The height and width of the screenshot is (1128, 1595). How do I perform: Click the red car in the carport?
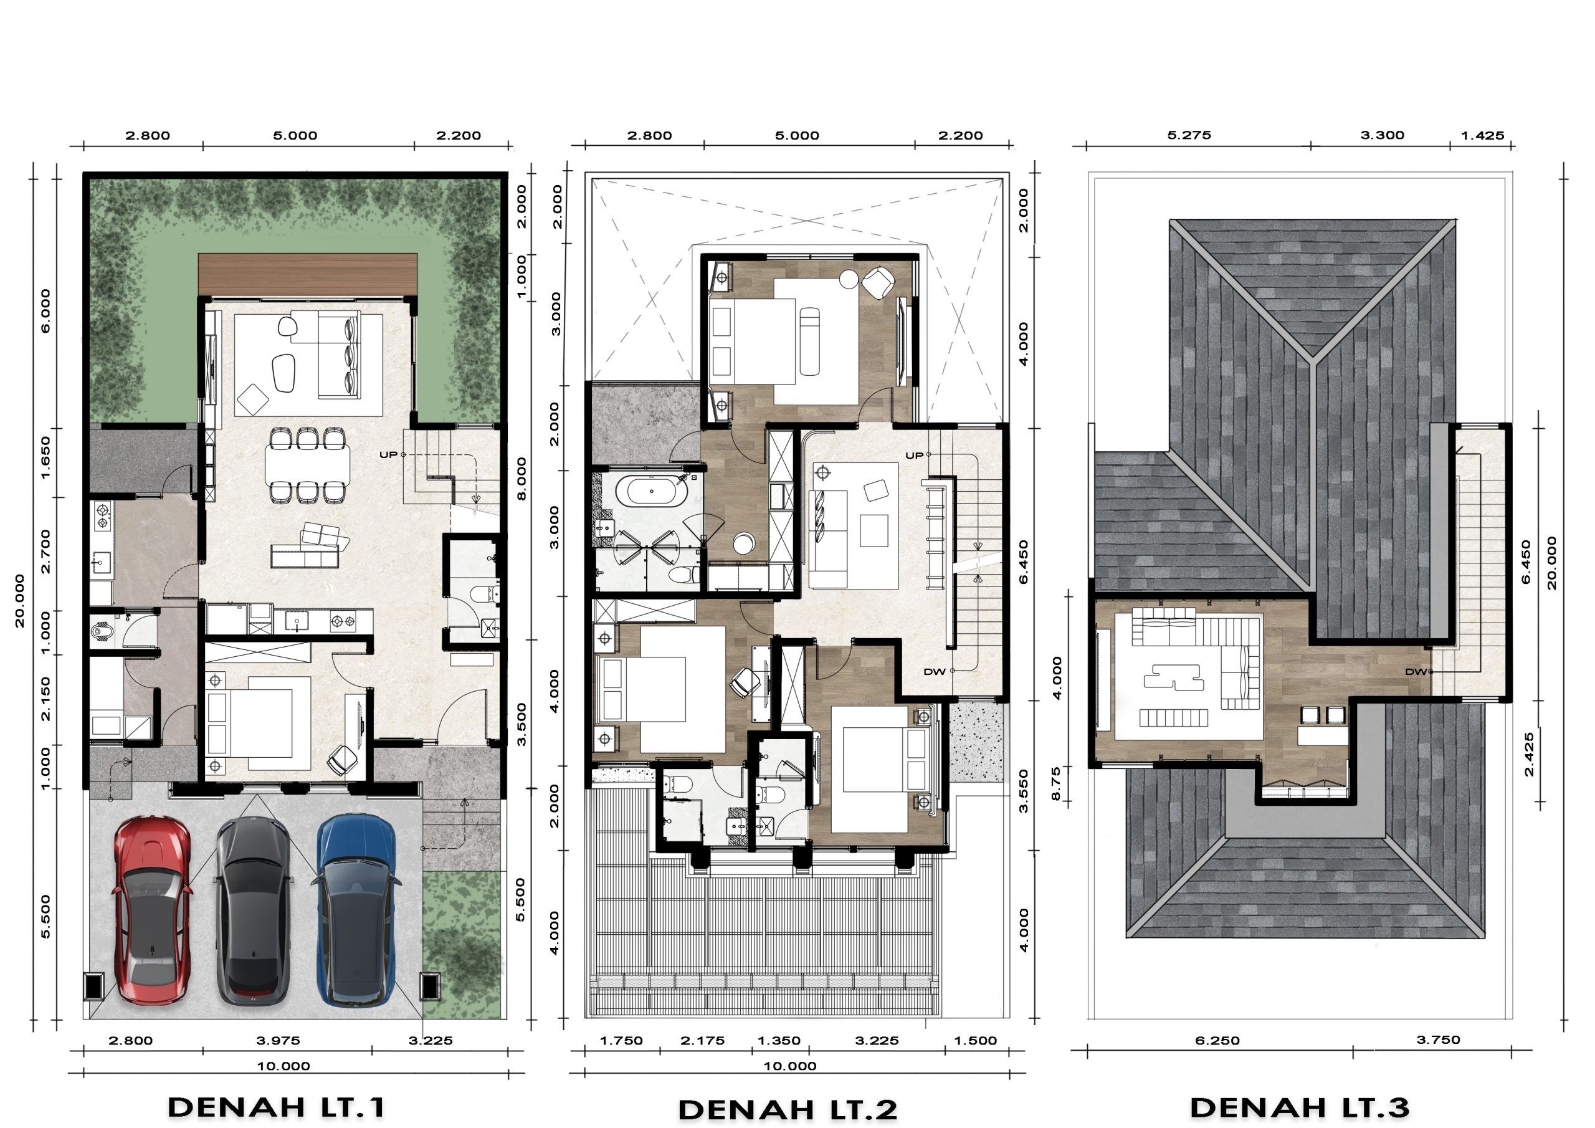point(151,911)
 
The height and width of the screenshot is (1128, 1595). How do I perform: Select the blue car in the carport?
point(356,911)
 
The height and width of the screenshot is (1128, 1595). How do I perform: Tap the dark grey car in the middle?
point(253,911)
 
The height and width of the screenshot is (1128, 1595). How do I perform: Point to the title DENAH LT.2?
point(787,1110)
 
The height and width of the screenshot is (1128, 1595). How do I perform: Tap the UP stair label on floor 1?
point(388,454)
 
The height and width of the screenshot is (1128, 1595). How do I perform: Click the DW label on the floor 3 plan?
point(1415,671)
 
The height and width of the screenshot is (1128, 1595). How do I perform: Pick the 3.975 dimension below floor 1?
point(278,1040)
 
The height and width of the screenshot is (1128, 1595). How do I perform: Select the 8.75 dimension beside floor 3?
point(1057,783)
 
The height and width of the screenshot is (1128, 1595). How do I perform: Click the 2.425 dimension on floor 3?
point(1528,754)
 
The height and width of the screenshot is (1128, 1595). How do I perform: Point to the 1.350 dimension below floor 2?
point(779,1040)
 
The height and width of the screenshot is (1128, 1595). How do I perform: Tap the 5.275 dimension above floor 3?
point(1189,135)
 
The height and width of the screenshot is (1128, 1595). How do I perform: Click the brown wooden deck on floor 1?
point(308,275)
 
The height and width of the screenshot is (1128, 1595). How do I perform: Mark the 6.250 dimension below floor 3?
point(1217,1040)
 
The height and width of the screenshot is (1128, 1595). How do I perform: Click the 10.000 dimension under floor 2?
point(790,1066)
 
